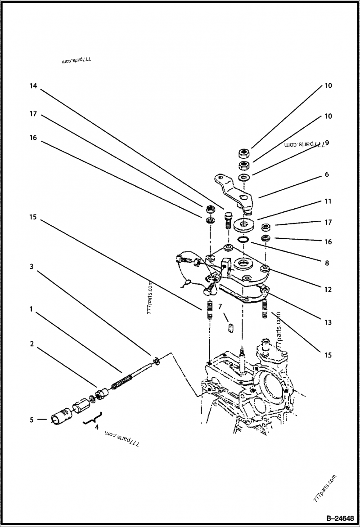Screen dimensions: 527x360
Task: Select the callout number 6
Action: pyautogui.click(x=327, y=174)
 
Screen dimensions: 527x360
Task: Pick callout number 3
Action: pyautogui.click(x=31, y=266)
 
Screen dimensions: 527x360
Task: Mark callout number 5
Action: pyautogui.click(x=31, y=420)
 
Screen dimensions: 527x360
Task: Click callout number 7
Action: pyautogui.click(x=220, y=307)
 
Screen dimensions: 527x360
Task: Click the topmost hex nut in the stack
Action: pyautogui.click(x=244, y=152)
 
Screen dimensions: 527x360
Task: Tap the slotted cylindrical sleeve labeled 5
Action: pyautogui.click(x=62, y=415)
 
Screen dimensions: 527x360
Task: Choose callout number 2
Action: pyautogui.click(x=31, y=344)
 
